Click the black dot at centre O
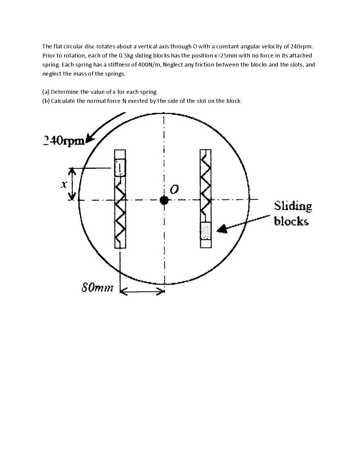pos(164,200)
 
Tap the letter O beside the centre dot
pos(174,190)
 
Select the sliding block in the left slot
pos(120,168)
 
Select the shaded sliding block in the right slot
pos(205,231)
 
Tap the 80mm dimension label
pos(97,288)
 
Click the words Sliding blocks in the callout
pos(292,214)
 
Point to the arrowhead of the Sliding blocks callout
pos(222,229)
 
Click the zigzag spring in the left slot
pos(120,212)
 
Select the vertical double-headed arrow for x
pos(71,184)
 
